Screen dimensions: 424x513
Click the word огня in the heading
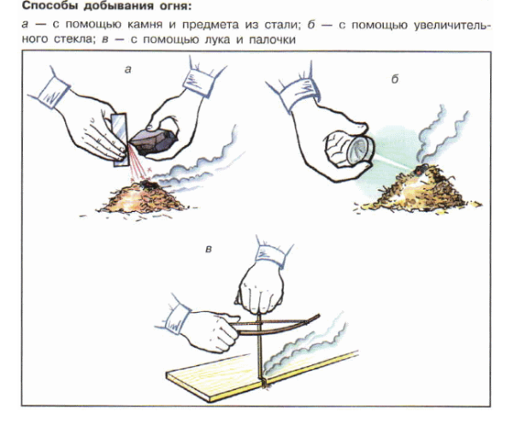(177, 9)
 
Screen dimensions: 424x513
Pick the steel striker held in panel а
(119, 132)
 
